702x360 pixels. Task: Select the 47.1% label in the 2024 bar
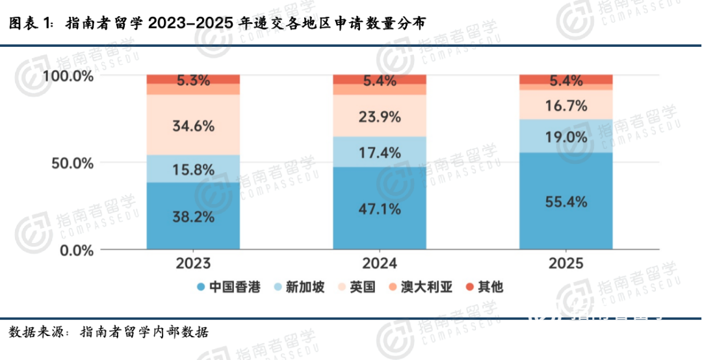(x=380, y=209)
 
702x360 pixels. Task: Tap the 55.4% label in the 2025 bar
(x=565, y=202)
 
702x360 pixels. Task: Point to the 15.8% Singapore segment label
(x=193, y=170)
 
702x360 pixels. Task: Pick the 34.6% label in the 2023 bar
(x=193, y=126)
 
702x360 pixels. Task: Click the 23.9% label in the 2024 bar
(x=380, y=117)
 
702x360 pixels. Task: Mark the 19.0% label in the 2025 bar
(x=565, y=137)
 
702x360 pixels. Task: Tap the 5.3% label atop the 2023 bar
(x=193, y=81)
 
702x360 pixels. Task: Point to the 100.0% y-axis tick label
(x=68, y=76)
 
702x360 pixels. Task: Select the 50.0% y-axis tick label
(x=73, y=163)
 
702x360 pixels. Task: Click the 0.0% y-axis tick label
(x=77, y=250)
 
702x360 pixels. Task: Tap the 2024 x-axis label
(x=380, y=264)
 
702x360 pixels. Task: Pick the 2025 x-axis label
(x=565, y=264)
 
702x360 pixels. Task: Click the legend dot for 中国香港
(x=201, y=287)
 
